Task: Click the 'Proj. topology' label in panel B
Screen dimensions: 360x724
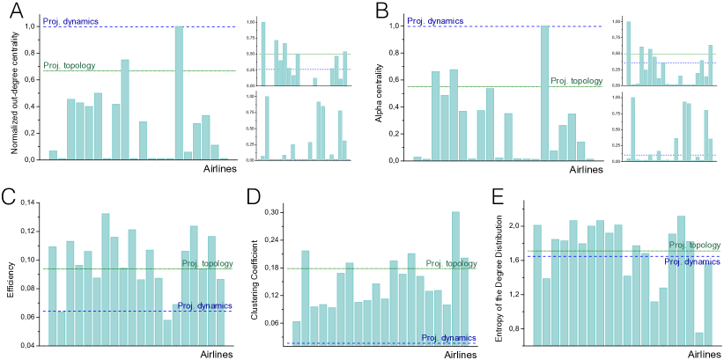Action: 576,81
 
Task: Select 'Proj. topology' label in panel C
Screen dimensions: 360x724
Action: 207,263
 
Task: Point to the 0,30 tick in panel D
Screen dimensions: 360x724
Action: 276,212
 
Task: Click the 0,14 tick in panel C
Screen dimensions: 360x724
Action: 30,203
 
